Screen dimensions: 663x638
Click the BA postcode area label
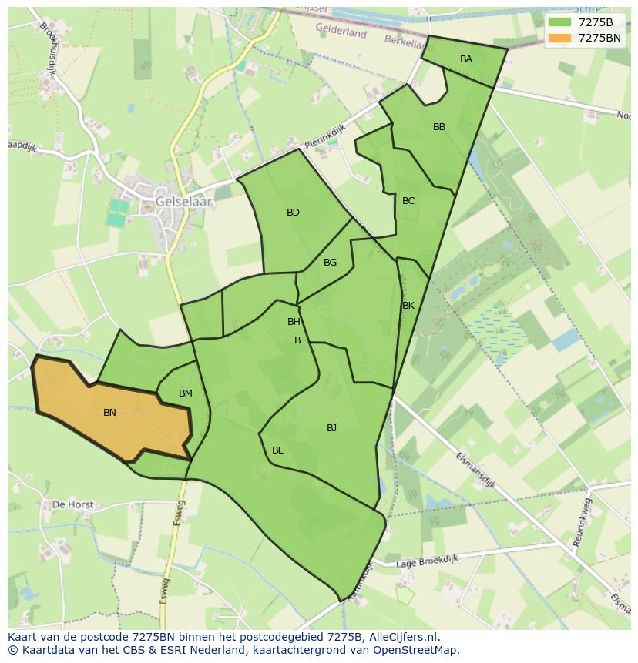465,59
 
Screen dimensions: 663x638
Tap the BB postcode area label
438,127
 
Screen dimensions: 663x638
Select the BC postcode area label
408,201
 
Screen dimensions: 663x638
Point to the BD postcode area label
293,213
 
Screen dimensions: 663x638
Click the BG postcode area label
330,263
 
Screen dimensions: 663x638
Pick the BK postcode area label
408,306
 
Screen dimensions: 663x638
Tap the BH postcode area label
294,322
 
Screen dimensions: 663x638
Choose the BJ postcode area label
331,428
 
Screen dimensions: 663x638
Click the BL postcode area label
277,450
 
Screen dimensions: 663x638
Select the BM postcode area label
185,393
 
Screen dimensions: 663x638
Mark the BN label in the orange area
109,413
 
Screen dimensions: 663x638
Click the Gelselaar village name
183,202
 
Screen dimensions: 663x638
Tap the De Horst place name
72,505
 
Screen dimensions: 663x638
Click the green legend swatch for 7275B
559,22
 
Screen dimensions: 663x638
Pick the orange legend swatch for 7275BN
559,38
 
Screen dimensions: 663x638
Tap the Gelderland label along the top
341,32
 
